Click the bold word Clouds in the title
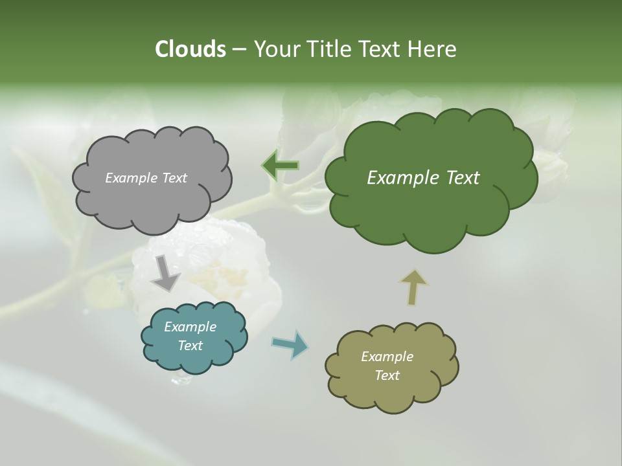190,49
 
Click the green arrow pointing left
280,166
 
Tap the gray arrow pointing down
165,274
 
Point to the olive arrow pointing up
413,287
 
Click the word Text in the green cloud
457,178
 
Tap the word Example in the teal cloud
190,327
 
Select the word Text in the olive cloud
387,375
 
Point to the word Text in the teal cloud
190,346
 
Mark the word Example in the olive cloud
387,357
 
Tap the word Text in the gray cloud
174,178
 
